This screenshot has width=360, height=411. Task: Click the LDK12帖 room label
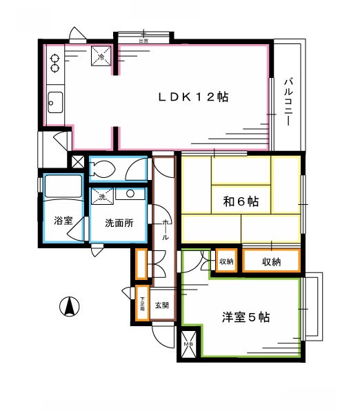click(x=194, y=97)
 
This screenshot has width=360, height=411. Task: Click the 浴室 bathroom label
click(x=63, y=222)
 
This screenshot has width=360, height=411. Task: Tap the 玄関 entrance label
click(x=161, y=305)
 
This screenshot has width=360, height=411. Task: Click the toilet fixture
click(x=104, y=170)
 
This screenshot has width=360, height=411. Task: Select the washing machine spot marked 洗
click(x=102, y=197)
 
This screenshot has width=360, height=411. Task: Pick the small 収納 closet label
click(x=226, y=262)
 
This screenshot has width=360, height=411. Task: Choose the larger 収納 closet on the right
click(x=271, y=262)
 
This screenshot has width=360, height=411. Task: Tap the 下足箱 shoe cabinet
click(x=143, y=304)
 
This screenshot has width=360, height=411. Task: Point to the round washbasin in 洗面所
click(x=129, y=194)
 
